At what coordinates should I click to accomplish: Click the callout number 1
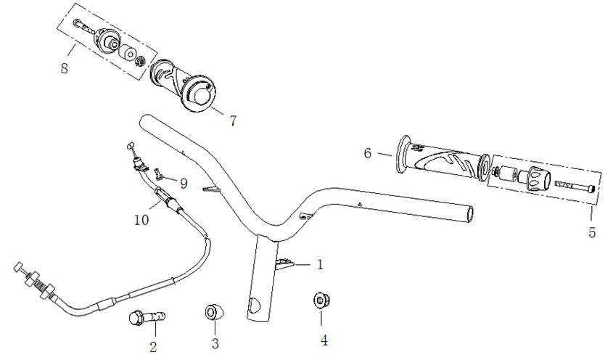[320, 265]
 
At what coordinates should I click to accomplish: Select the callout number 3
[215, 344]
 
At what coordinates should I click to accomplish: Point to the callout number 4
[324, 339]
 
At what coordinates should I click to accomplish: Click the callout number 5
[592, 233]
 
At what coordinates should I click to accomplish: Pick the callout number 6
[368, 153]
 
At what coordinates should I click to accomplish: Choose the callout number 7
[232, 121]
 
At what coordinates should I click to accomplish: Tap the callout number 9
[184, 184]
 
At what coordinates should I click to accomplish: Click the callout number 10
[141, 218]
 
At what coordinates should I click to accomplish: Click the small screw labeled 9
[157, 173]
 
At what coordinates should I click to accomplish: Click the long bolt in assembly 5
[575, 187]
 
